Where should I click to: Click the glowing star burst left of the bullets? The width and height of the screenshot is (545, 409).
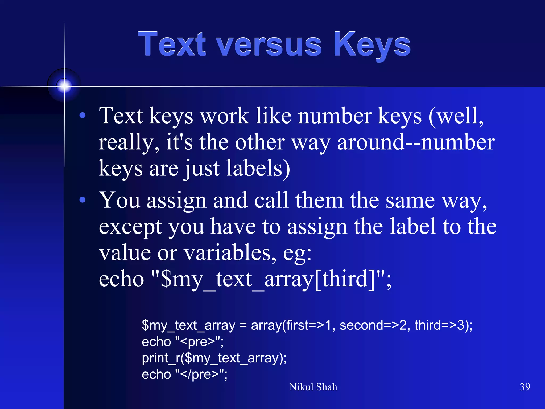point(64,86)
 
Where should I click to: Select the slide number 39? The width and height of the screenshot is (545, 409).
point(525,387)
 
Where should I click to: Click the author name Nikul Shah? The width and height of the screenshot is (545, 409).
point(313,387)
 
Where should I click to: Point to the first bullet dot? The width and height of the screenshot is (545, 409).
point(82,116)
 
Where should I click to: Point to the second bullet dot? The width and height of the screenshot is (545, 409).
point(82,200)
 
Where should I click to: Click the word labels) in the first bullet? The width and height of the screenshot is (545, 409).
point(258,168)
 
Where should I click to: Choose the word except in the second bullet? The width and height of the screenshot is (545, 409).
point(130,227)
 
